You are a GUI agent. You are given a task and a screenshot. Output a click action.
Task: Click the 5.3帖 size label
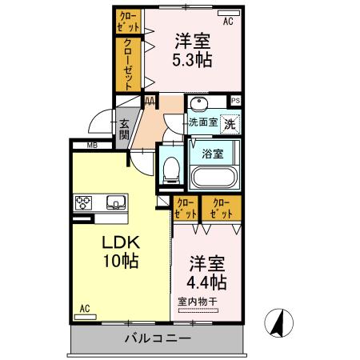pos(192,59)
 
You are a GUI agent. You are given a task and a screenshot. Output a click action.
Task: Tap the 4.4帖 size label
pos(207,282)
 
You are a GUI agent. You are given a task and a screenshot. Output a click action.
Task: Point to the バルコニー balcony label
pos(158,338)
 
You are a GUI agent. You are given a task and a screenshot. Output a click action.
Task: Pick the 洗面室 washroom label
pos(202,122)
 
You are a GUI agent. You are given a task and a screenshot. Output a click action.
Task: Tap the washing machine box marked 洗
pos(230,124)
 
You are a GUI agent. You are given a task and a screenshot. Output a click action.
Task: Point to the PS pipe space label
pos(235,101)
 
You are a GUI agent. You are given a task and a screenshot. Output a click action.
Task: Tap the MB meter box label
pos(93,146)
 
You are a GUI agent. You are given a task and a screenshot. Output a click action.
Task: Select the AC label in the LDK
pos(85,308)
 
